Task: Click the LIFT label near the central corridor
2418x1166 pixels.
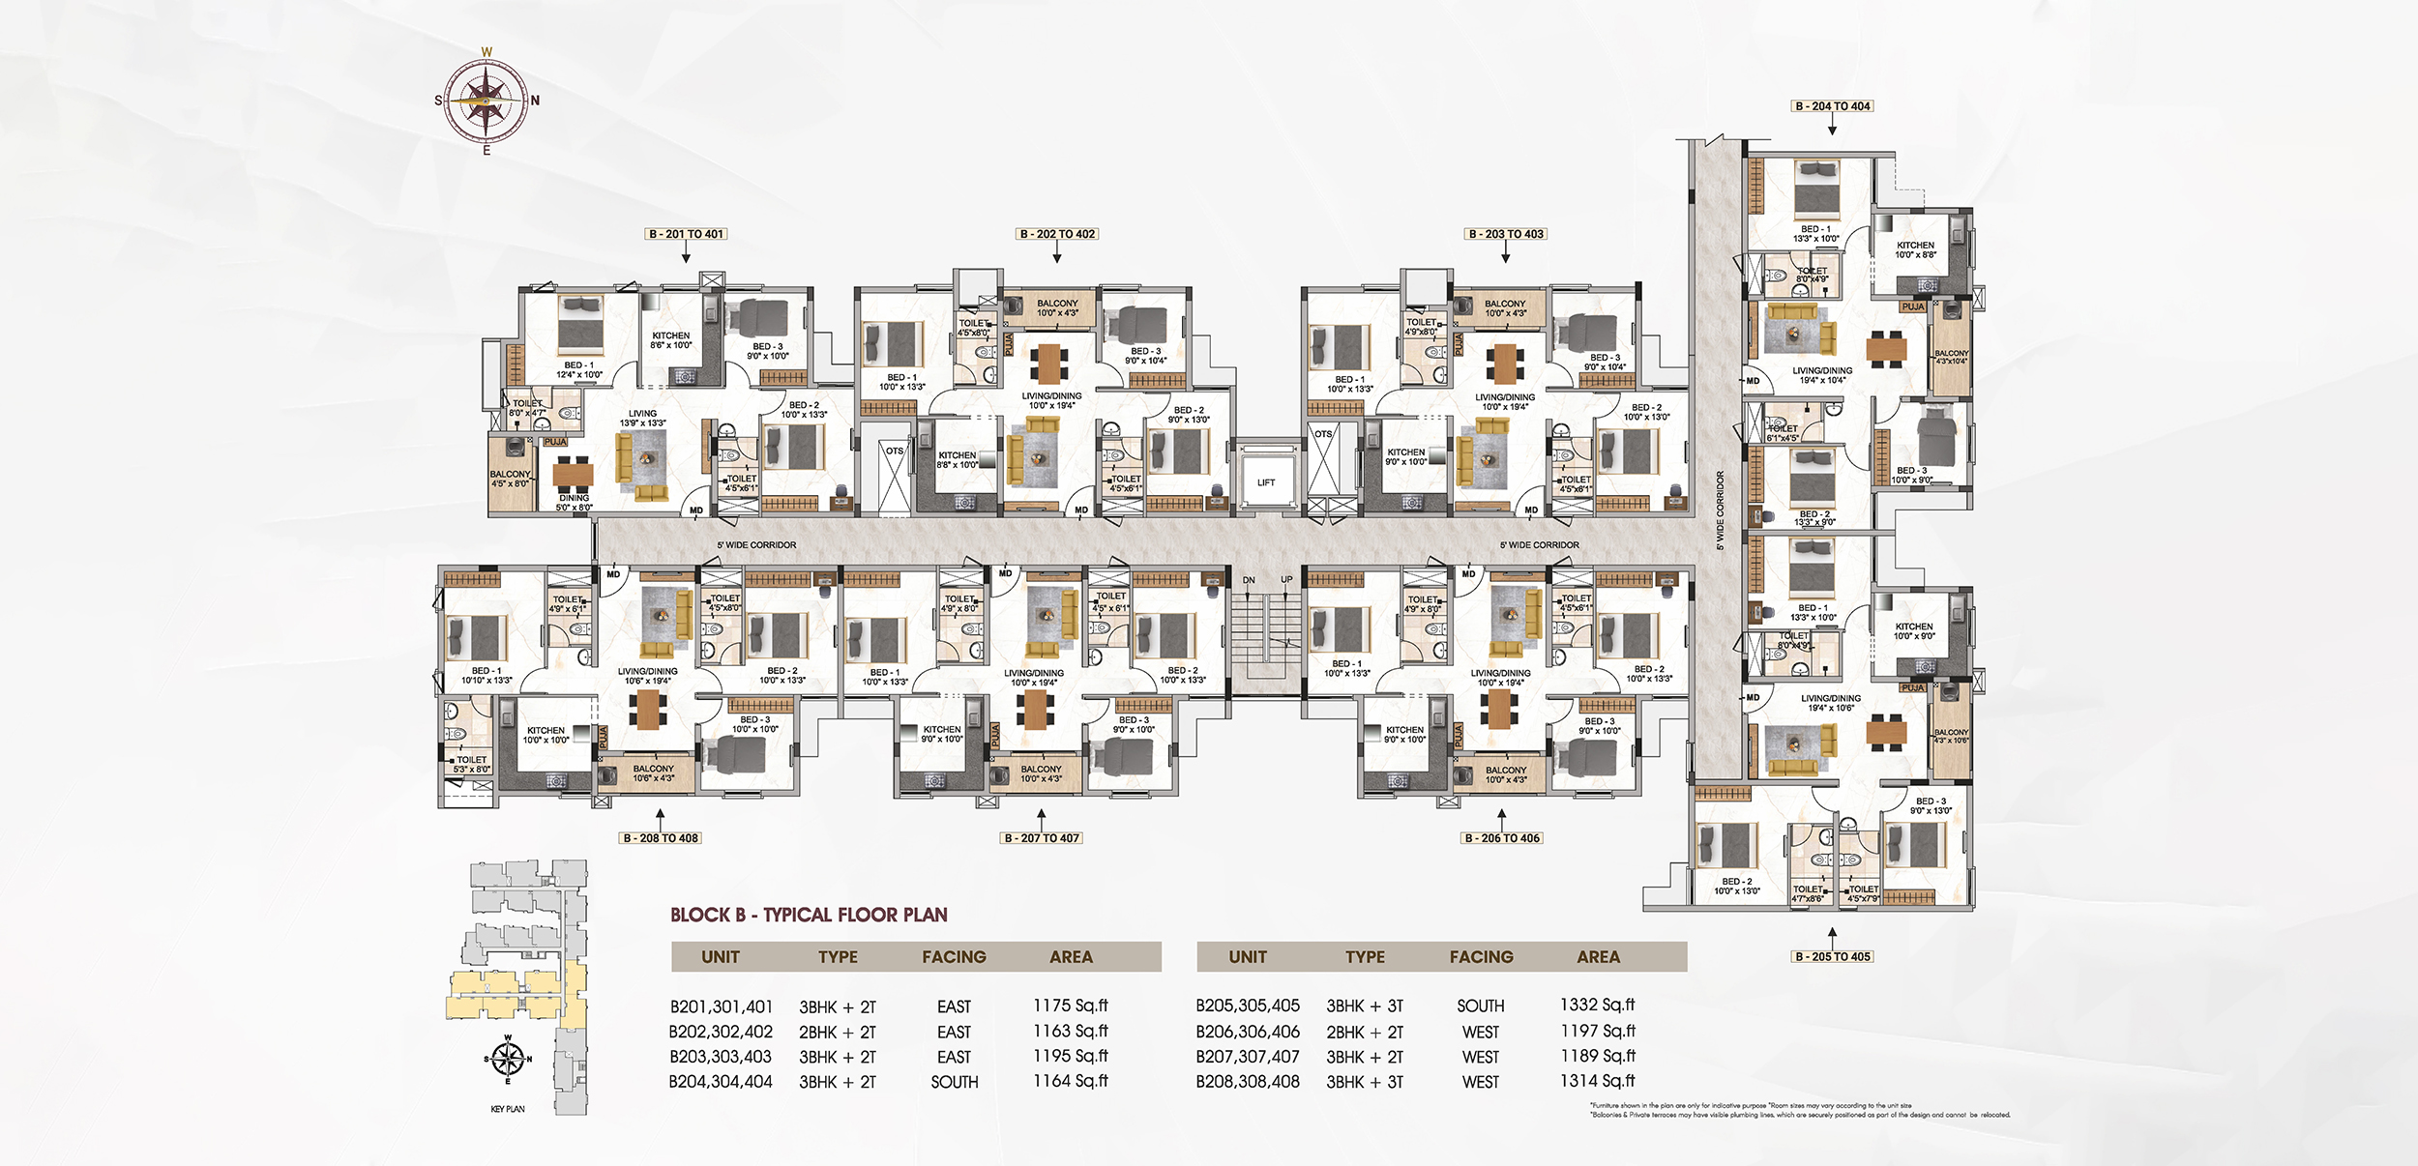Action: pos(1266,482)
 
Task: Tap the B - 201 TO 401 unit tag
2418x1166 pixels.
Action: pos(686,234)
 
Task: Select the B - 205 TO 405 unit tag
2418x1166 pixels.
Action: pos(1833,956)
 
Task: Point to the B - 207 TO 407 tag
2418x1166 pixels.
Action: pos(1041,838)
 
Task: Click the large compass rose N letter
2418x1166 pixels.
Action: pos(535,101)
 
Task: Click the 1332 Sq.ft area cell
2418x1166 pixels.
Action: pos(1597,1006)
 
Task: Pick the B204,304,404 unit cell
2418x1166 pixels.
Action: pos(721,1082)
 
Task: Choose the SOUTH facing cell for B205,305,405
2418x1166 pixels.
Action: pos(1480,1006)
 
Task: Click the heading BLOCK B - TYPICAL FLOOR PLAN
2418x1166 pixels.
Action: pos(809,915)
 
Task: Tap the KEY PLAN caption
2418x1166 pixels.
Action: pos(508,1109)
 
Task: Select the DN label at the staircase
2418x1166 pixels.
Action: pos(1249,580)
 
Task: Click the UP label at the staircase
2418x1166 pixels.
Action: pos(1286,580)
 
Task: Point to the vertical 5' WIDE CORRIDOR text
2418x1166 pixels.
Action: pos(1720,510)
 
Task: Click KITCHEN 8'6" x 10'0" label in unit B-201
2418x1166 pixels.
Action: pos(670,340)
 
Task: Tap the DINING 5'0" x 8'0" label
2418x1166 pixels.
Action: pos(574,503)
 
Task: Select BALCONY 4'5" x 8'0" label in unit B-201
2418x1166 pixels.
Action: pos(511,479)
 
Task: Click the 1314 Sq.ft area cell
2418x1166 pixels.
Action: pos(1597,1081)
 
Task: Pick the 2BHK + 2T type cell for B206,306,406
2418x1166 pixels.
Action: pos(1364,1033)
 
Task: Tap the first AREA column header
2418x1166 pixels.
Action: pos(1071,957)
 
